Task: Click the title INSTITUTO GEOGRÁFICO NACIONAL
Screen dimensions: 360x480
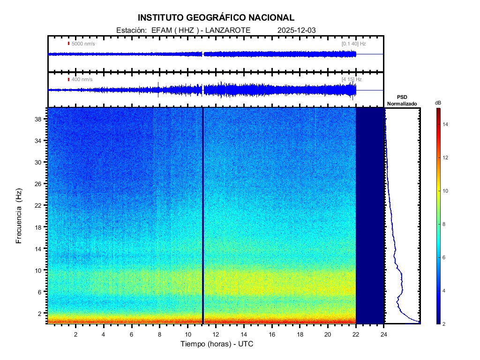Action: [216, 18]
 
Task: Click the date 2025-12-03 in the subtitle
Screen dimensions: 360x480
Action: [297, 30]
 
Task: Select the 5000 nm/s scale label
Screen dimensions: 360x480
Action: [83, 44]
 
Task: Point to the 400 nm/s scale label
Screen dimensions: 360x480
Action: [82, 79]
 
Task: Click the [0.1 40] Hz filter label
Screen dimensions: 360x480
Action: [353, 44]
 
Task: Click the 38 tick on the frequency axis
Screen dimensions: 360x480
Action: [41, 119]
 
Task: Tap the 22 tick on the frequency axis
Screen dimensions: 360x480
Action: [41, 205]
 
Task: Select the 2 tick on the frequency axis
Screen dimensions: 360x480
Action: [42, 313]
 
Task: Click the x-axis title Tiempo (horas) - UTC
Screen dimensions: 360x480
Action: [217, 344]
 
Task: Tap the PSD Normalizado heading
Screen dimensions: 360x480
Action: [402, 100]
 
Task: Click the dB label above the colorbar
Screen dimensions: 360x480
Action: [438, 102]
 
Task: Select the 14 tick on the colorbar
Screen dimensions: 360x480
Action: [447, 124]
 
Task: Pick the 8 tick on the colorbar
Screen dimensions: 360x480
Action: [445, 225]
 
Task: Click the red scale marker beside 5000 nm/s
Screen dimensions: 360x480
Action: [68, 44]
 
